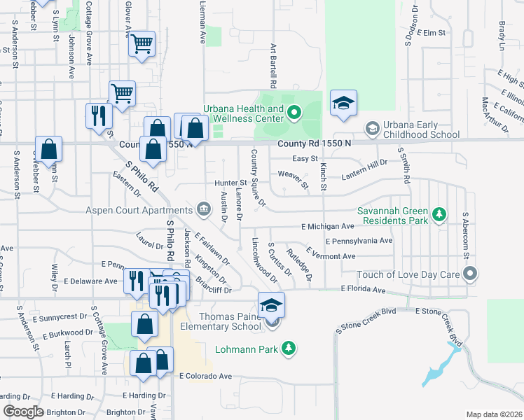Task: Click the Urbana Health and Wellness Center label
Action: (243, 113)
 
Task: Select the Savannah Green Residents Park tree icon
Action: (439, 213)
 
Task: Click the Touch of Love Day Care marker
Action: (469, 274)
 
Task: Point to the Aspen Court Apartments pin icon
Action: (204, 209)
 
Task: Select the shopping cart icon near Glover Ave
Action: (142, 45)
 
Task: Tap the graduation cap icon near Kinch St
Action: (343, 102)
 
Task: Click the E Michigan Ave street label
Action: (328, 227)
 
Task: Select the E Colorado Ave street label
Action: (205, 376)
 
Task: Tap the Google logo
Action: (24, 412)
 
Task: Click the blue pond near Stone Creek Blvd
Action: (438, 367)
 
